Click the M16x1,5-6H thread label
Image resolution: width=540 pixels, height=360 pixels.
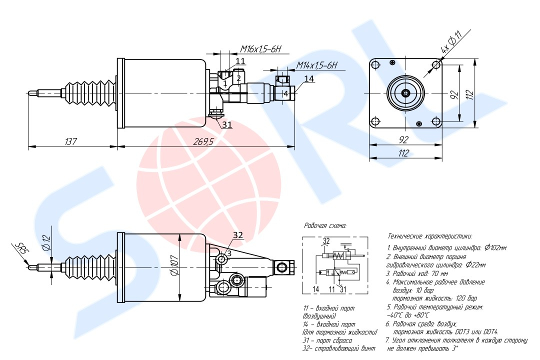pyautogui.click(x=261, y=49)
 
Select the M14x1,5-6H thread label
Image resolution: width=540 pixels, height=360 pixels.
pyautogui.click(x=317, y=65)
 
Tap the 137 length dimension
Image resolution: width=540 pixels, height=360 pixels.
pyautogui.click(x=70, y=141)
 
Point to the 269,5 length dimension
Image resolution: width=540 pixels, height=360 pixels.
pyautogui.click(x=203, y=141)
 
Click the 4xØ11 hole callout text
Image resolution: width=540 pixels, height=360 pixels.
pyautogui.click(x=450, y=42)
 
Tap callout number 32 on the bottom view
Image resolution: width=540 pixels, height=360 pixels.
pyautogui.click(x=238, y=234)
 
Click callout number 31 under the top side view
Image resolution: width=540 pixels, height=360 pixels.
pyautogui.click(x=227, y=124)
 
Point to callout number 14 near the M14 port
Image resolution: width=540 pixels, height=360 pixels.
pyautogui.click(x=309, y=79)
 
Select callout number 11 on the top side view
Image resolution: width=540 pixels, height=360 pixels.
pyautogui.click(x=240, y=61)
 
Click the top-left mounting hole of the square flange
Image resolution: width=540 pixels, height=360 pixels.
pyautogui.click(x=375, y=65)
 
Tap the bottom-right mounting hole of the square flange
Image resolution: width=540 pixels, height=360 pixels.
pyautogui.click(x=437, y=120)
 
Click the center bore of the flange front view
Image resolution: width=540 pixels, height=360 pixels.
pyautogui.click(x=406, y=93)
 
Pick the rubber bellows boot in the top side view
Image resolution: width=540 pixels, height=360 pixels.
pyautogui.click(x=88, y=93)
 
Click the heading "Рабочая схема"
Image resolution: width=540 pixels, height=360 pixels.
pyautogui.click(x=325, y=226)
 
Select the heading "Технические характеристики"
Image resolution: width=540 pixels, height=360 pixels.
pyautogui.click(x=429, y=236)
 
